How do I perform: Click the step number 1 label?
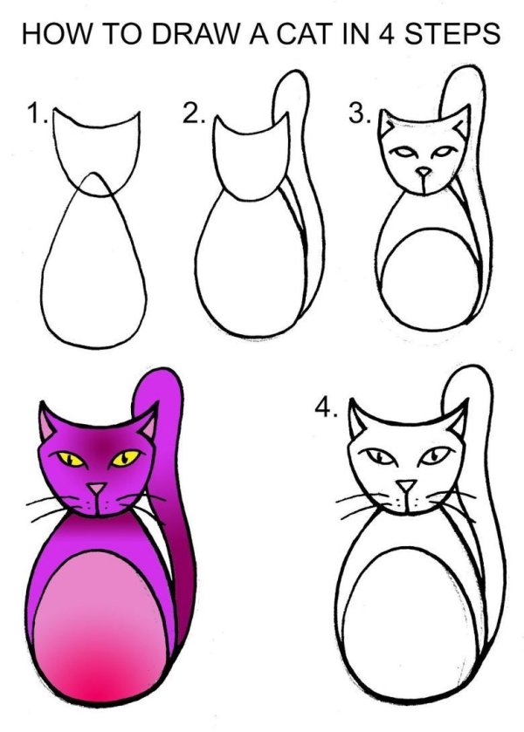tap(35, 115)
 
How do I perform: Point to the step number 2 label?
tap(192, 115)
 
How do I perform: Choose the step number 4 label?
tap(326, 410)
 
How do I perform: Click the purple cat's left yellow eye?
tap(67, 456)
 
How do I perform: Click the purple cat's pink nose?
tap(96, 489)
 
